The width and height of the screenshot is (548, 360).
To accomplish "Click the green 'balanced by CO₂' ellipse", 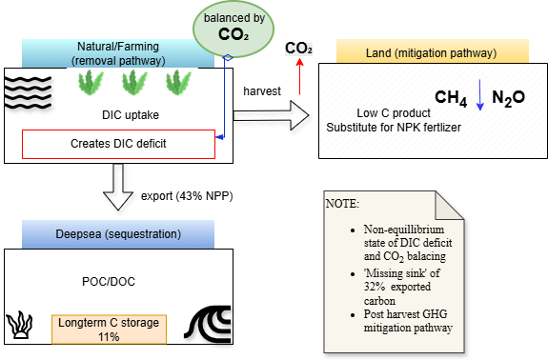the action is tap(233, 30).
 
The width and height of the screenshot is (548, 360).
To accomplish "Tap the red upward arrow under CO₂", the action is tap(299, 76).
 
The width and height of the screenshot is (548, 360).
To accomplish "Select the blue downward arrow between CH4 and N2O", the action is tap(480, 95).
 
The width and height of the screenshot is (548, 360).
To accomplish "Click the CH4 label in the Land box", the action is tap(451, 98).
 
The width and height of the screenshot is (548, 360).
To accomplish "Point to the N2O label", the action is tap(509, 98).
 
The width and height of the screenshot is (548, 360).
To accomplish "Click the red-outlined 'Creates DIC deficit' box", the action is tap(118, 144).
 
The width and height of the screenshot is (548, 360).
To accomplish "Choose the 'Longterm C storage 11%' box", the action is tap(109, 330).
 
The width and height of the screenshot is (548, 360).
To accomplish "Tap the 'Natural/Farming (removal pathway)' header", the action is tap(118, 53).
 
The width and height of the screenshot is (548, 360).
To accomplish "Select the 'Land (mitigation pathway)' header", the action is tap(433, 51).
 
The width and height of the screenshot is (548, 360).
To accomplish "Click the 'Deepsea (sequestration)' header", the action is tap(118, 234).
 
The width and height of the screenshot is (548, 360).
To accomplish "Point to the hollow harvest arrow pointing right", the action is tap(272, 115).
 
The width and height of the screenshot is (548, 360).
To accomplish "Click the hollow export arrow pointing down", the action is tap(118, 187).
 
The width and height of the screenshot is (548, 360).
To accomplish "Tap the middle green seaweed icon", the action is tap(134, 83).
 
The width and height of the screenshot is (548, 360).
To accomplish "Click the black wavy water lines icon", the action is tap(28, 91).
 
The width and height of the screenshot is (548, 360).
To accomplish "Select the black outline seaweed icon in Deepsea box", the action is tap(20, 325).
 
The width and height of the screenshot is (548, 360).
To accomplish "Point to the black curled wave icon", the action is tap(209, 324).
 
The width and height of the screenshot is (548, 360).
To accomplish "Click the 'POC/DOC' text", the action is tap(109, 282).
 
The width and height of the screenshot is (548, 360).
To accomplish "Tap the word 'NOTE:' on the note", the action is tap(342, 204).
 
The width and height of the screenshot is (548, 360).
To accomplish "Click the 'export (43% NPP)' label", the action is tap(187, 196).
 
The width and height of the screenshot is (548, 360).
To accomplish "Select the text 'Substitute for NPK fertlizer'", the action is tap(394, 128).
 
